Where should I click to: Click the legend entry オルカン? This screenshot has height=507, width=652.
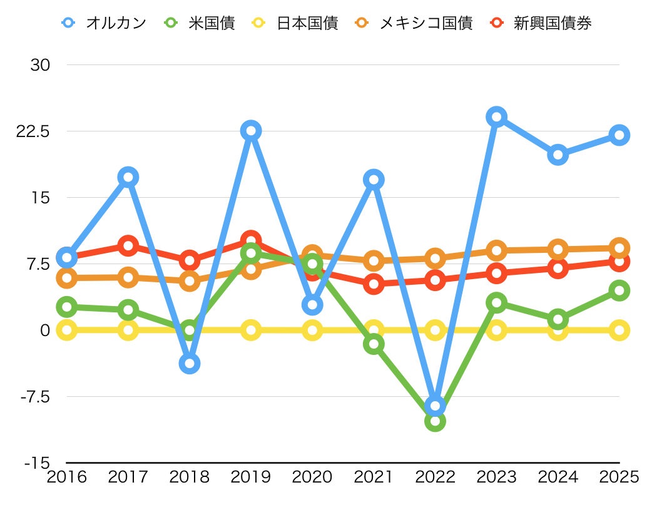click(x=104, y=23)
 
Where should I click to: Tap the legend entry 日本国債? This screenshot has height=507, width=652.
click(x=295, y=23)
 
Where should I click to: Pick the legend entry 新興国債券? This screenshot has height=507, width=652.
click(x=541, y=23)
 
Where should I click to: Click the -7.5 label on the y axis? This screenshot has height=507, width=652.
click(x=35, y=396)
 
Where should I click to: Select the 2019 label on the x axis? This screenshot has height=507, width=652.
click(x=251, y=477)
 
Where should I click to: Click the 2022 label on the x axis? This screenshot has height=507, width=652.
click(x=435, y=477)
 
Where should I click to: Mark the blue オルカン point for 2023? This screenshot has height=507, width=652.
click(x=496, y=116)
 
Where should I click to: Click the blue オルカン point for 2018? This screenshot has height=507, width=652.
click(x=190, y=363)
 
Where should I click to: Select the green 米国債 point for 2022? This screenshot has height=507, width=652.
click(x=435, y=421)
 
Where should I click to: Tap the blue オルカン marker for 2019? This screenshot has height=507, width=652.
click(x=251, y=131)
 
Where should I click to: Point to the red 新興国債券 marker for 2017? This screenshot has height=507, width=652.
click(x=128, y=245)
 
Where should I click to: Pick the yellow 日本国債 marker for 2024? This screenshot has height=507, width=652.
click(x=558, y=330)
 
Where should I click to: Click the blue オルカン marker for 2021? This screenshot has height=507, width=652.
click(x=374, y=180)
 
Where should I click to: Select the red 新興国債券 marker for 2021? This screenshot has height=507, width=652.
click(x=374, y=284)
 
